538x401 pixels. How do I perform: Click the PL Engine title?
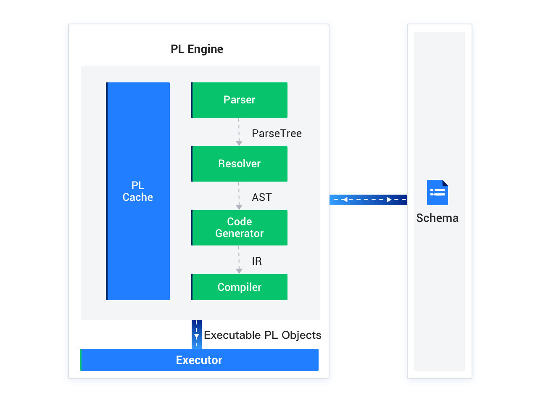(197, 49)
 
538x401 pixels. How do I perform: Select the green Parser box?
(239, 100)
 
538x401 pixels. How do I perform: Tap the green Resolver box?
(239, 164)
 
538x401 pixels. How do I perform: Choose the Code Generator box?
(239, 228)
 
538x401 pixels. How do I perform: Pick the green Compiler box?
(239, 287)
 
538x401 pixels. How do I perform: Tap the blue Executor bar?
(199, 360)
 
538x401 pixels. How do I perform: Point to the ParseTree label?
(277, 133)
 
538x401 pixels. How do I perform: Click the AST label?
(261, 197)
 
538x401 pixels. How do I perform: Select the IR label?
(256, 261)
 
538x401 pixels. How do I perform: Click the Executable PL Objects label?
(262, 335)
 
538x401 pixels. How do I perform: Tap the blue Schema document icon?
(437, 193)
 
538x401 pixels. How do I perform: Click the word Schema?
(437, 218)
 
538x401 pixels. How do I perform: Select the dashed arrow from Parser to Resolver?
(239, 132)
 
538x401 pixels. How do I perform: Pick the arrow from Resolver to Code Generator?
(239, 196)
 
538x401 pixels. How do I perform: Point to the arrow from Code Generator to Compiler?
(239, 260)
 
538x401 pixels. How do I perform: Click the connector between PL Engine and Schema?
(368, 199)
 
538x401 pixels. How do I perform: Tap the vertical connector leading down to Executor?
(196, 335)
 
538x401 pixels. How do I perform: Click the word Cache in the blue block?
(138, 198)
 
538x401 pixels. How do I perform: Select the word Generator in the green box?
(239, 234)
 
